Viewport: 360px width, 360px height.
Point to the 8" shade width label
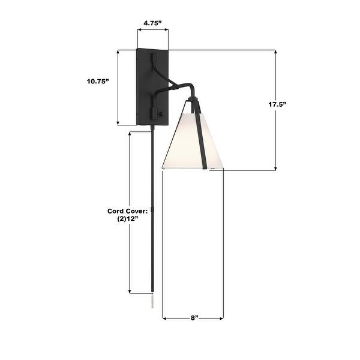[x=193, y=318]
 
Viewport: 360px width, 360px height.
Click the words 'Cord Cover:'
[x=127, y=211]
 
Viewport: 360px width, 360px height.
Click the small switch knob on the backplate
[x=161, y=112]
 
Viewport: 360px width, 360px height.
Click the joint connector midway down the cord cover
[x=153, y=209]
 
